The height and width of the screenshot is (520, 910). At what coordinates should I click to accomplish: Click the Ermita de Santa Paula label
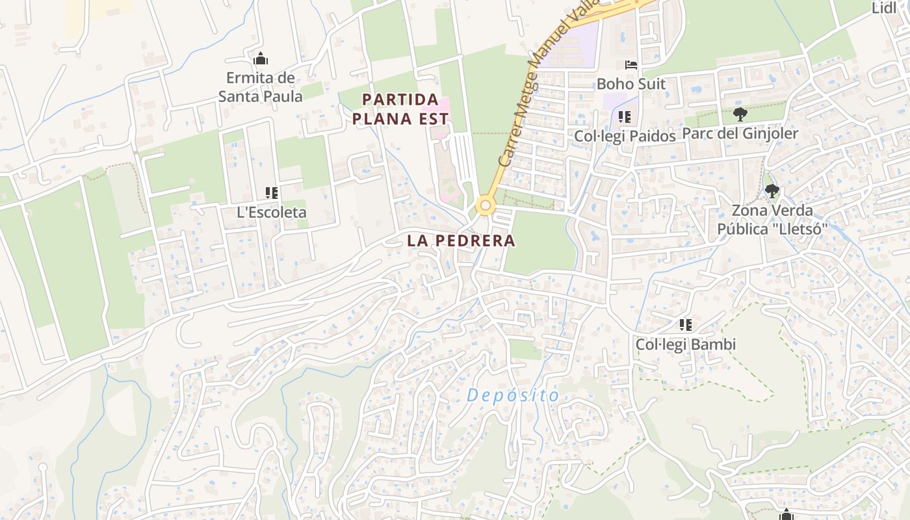260,87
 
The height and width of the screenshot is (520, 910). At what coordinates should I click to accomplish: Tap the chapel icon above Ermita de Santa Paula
261,59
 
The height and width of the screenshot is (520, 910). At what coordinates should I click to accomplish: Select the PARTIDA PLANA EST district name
406,109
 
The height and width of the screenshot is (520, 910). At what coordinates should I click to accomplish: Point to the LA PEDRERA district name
461,240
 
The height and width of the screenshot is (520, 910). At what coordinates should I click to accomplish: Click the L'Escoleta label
272,213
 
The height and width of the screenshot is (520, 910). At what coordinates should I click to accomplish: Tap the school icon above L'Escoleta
272,193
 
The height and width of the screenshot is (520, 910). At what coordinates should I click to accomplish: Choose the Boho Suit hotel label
630,84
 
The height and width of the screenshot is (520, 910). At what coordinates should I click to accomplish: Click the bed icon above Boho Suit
630,65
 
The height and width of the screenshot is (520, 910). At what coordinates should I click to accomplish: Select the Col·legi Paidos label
625,136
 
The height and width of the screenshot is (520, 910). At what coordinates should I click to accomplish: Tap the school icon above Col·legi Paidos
625,118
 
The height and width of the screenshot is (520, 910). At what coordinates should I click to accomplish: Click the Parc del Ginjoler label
740,134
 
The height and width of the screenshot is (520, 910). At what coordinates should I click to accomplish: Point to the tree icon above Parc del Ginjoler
740,115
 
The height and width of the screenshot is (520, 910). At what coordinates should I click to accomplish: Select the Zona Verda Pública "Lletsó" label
772,220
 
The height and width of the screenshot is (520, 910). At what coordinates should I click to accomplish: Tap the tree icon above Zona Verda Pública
772,191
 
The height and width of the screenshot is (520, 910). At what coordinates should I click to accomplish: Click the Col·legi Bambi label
686,344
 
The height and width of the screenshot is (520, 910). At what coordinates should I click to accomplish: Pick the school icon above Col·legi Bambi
686,325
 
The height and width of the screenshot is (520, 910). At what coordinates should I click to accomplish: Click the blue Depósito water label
513,395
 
